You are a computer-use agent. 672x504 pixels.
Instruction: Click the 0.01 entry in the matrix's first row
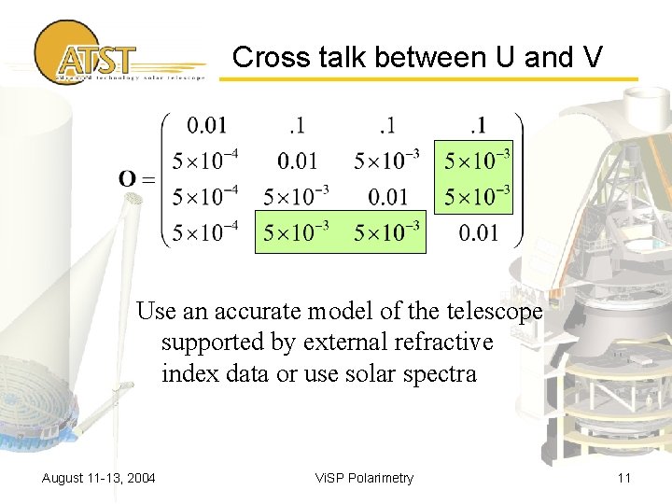207,124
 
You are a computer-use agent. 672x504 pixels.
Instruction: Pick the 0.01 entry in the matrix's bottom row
479,232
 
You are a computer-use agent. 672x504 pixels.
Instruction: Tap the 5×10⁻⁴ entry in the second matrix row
206,161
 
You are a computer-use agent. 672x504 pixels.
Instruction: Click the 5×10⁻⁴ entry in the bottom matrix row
206,232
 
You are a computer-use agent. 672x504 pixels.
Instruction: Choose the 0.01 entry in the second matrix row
297,161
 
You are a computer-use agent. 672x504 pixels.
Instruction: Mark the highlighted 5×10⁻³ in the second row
477,161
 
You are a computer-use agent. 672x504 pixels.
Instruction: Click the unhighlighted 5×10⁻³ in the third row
297,197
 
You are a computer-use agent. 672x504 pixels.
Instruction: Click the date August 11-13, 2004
99,478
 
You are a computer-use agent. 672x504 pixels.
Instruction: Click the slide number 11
624,478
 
